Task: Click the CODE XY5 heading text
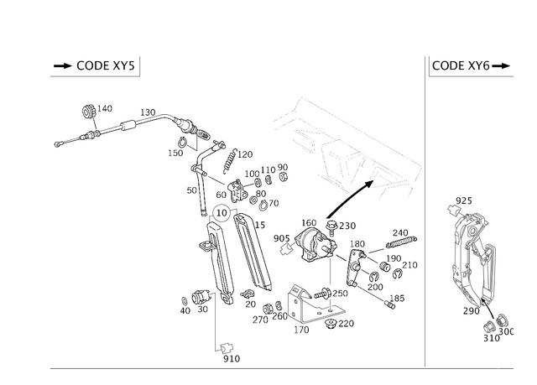[x=106, y=65]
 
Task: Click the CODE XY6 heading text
[x=461, y=65]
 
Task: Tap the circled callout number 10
[x=222, y=213]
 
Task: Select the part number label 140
[x=104, y=108]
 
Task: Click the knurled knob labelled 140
[x=89, y=112]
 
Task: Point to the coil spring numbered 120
[x=229, y=161]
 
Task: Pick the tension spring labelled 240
[x=401, y=242]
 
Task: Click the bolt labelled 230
[x=331, y=227]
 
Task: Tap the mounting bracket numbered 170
[x=313, y=304]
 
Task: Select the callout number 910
[x=232, y=359]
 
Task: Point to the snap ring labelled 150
[x=181, y=141]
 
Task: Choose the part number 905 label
[x=282, y=238]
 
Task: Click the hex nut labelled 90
[x=283, y=177]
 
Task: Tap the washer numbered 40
[x=184, y=301]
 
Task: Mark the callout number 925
[x=464, y=200]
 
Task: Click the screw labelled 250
[x=322, y=294]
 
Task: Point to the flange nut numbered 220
[x=331, y=324]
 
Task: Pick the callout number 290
[x=471, y=311]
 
